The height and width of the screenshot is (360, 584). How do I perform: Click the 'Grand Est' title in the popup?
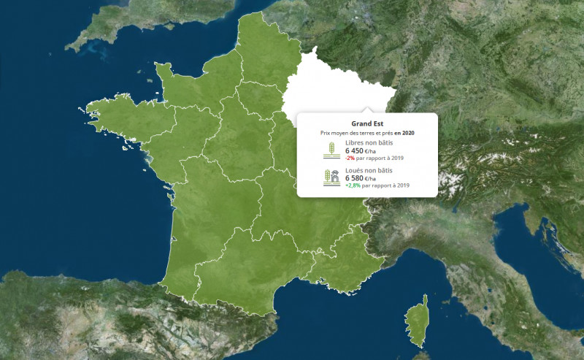pyautogui.click(x=367, y=123)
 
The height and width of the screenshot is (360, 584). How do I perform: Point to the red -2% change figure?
pyautogui.click(x=350, y=158)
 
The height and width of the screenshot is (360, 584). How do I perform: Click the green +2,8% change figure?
pyautogui.click(x=353, y=185)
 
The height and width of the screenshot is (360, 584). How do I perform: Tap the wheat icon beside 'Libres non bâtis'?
pyautogui.click(x=331, y=150)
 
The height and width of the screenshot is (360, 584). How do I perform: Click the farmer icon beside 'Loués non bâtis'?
pyautogui.click(x=331, y=177)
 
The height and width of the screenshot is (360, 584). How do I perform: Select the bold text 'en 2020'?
pyautogui.click(x=404, y=133)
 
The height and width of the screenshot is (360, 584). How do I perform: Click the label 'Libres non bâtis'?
pyautogui.click(x=369, y=142)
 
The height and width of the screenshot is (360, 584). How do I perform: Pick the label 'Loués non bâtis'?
pyautogui.click(x=369, y=170)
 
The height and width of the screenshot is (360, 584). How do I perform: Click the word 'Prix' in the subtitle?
pyautogui.click(x=326, y=133)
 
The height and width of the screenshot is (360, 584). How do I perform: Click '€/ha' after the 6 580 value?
pyautogui.click(x=372, y=179)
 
